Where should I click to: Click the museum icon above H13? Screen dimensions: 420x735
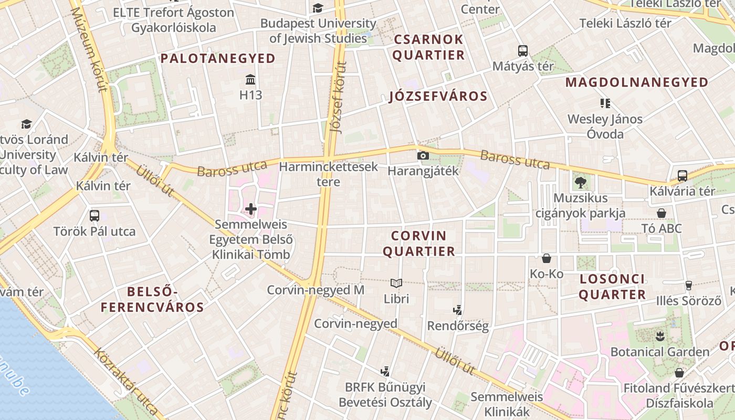(250, 80)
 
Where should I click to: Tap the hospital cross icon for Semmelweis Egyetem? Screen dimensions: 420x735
(251, 209)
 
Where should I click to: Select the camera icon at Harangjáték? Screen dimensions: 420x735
(423, 156)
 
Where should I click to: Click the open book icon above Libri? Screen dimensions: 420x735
(396, 283)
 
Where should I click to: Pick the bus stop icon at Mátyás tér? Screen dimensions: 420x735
(523, 51)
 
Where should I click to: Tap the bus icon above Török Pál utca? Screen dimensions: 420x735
(94, 216)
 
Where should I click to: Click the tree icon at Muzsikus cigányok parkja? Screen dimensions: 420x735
(580, 183)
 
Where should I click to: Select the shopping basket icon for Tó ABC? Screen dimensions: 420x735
(661, 213)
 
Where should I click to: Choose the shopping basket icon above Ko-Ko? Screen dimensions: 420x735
(547, 258)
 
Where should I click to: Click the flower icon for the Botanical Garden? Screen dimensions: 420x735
(660, 337)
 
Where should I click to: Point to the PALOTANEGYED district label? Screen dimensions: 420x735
(218, 58)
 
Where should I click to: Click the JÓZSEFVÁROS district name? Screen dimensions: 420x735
(438, 96)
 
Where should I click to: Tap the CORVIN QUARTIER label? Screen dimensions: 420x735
(418, 244)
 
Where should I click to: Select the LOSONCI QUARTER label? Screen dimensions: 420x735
(612, 287)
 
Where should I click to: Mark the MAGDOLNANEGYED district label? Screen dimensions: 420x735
(637, 82)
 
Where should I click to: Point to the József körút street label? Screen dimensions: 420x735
(338, 97)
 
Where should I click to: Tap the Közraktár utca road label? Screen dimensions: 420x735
(126, 381)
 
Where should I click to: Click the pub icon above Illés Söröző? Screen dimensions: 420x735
(689, 286)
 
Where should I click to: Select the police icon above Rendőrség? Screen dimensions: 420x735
(457, 310)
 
